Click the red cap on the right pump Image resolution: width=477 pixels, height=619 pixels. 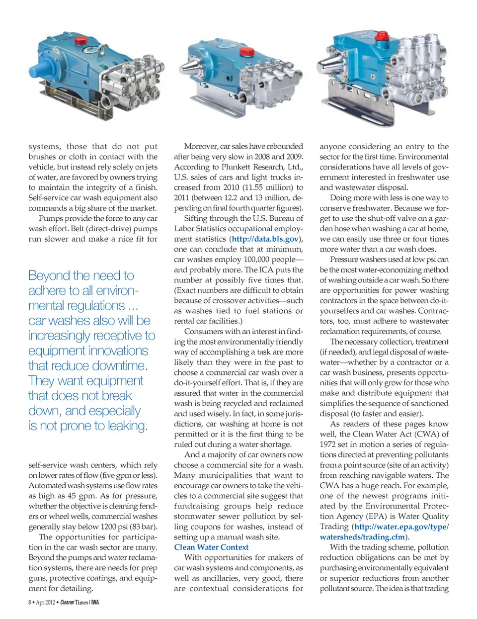click(x=382, y=36)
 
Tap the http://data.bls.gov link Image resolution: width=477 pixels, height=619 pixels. click(x=265, y=239)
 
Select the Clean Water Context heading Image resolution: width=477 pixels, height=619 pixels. click(x=211, y=547)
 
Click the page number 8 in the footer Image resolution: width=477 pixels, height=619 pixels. click(x=30, y=603)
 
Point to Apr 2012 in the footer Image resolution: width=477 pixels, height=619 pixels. click(x=45, y=603)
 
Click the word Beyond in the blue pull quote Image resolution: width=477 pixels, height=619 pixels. click(x=49, y=275)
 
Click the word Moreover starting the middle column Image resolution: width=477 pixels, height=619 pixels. click(x=201, y=146)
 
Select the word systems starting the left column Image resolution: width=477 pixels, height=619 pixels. click(x=44, y=147)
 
